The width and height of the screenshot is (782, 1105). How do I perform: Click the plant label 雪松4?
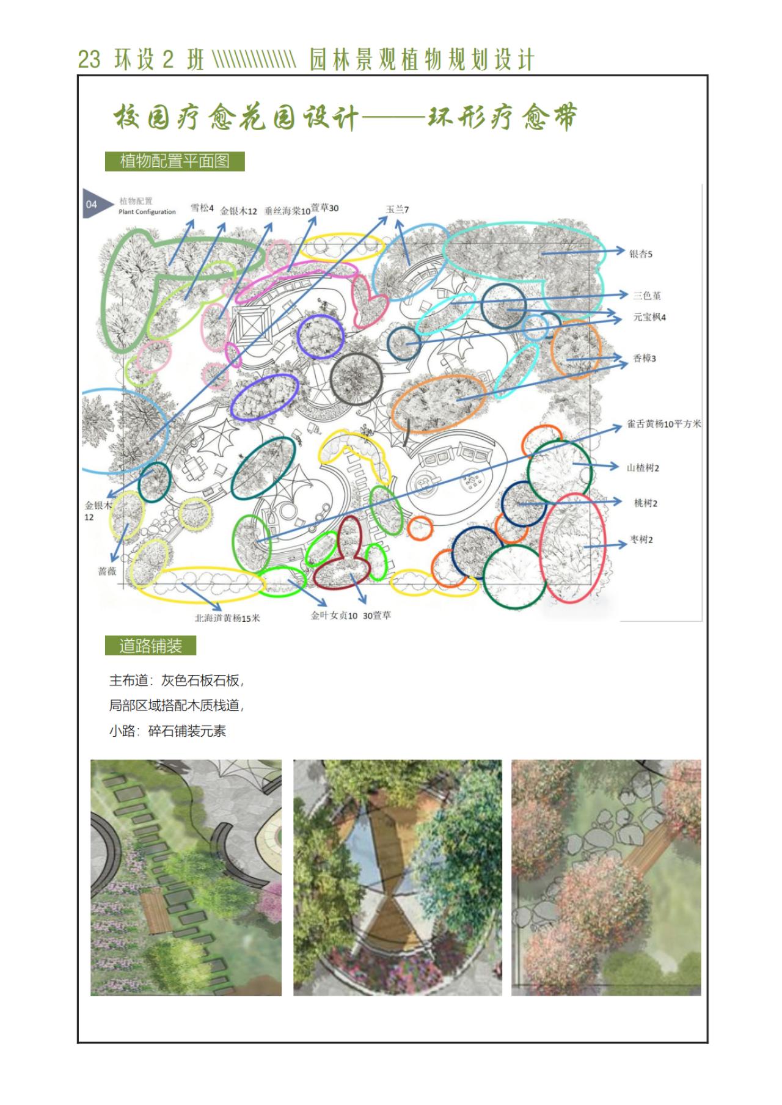coord(202,208)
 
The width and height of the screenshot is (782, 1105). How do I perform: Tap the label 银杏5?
coord(641,253)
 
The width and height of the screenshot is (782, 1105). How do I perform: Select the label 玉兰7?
coord(397,209)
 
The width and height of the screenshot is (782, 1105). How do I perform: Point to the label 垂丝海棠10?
coord(287,211)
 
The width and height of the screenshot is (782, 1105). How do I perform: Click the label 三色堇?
coord(647,296)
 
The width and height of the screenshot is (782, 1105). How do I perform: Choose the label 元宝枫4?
coord(649,318)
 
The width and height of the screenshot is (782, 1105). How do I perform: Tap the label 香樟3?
coord(644,359)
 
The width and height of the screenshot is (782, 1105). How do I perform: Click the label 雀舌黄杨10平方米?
coord(664,424)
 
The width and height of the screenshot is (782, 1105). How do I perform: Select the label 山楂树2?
coord(643,468)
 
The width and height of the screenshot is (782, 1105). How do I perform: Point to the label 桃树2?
coord(646,503)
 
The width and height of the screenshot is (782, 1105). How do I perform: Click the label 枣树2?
coord(641,540)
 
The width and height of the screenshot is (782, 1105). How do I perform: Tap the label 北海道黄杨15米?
coord(227,618)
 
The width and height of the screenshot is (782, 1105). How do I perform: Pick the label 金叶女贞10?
coord(334,616)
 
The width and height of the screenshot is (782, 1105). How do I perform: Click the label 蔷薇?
coord(107,572)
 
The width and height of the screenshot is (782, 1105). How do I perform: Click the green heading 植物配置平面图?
coord(175,161)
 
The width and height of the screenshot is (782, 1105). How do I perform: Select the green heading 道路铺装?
coord(150,646)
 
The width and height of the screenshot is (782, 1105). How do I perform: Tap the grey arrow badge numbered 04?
coord(97,204)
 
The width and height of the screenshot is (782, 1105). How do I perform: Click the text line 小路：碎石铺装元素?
coord(168,731)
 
